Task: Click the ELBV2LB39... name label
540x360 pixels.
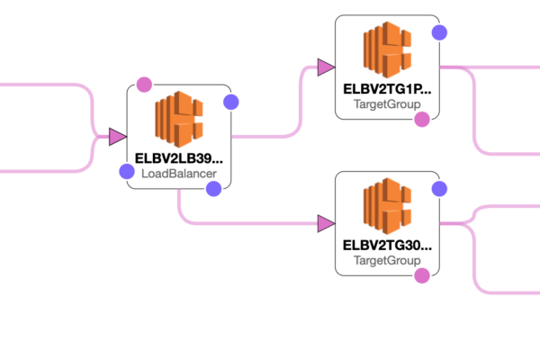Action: point(179,157)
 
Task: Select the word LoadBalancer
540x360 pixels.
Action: point(179,173)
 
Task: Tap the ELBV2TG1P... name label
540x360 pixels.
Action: point(387,89)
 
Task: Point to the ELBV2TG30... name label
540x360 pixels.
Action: point(387,245)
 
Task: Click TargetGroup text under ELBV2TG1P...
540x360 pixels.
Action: point(387,104)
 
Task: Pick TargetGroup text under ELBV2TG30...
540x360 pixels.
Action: point(387,260)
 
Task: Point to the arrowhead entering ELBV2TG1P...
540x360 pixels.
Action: point(326,67)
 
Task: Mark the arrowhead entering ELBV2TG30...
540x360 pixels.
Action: point(326,223)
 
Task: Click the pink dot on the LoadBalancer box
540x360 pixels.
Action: point(144,85)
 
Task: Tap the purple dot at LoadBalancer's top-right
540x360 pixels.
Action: point(230,102)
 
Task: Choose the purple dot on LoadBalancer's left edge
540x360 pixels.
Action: point(127,171)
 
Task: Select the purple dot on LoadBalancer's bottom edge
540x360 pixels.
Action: point(213,188)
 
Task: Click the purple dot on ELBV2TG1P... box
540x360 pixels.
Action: point(439,32)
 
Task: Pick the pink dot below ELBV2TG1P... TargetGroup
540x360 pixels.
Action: point(421,119)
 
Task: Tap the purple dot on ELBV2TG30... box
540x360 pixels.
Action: point(439,189)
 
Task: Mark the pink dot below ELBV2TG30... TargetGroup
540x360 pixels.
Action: point(421,275)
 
